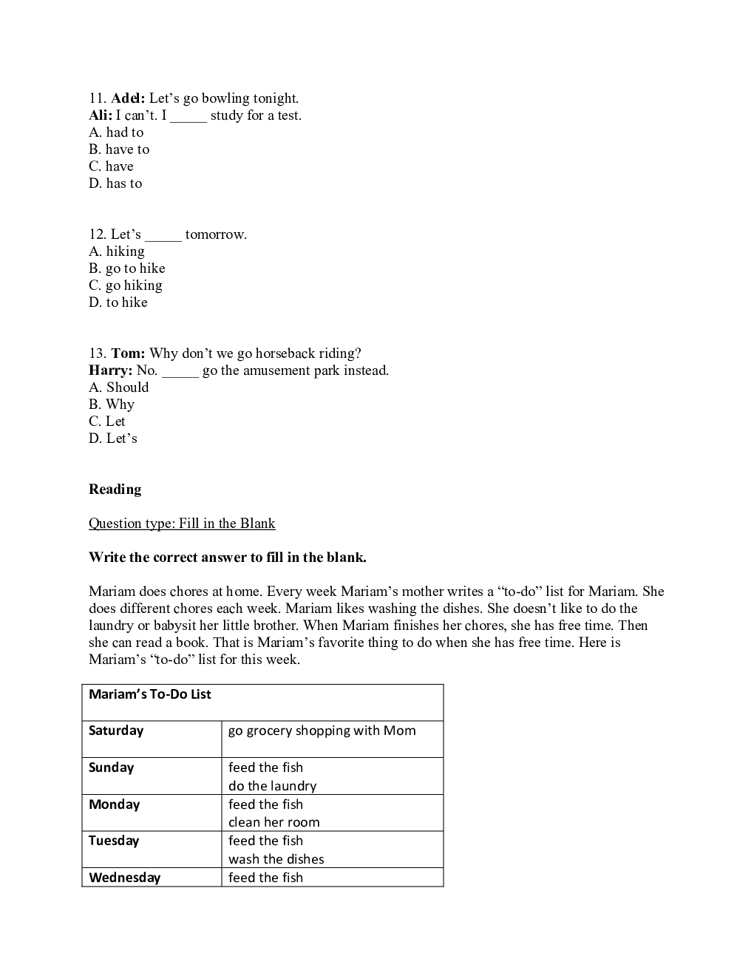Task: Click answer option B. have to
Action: pyautogui.click(x=119, y=149)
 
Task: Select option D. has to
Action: pyautogui.click(x=115, y=183)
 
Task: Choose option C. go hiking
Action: pyautogui.click(x=126, y=285)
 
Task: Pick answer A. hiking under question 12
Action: pyautogui.click(x=117, y=251)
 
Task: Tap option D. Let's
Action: pyautogui.click(x=113, y=438)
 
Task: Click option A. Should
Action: pyautogui.click(x=119, y=387)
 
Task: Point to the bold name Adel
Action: pyautogui.click(x=128, y=98)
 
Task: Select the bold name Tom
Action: pyautogui.click(x=128, y=353)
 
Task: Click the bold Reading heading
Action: pyautogui.click(x=115, y=489)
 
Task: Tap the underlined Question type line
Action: pyautogui.click(x=182, y=523)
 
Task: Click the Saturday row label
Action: pyautogui.click(x=116, y=731)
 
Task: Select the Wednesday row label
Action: pyautogui.click(x=125, y=878)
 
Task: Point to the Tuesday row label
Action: pyautogui.click(x=114, y=841)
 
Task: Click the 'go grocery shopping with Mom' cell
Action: pyautogui.click(x=322, y=731)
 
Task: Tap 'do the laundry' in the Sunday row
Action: pyautogui.click(x=273, y=786)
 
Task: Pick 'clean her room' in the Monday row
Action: pyautogui.click(x=274, y=822)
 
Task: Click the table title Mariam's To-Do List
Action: pyautogui.click(x=150, y=694)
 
